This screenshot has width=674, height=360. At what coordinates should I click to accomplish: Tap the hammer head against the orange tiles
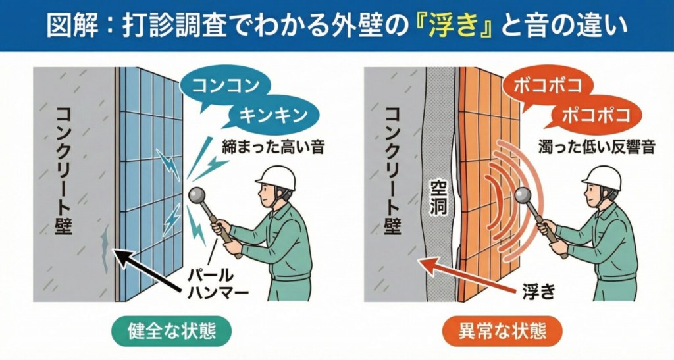(523, 195)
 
